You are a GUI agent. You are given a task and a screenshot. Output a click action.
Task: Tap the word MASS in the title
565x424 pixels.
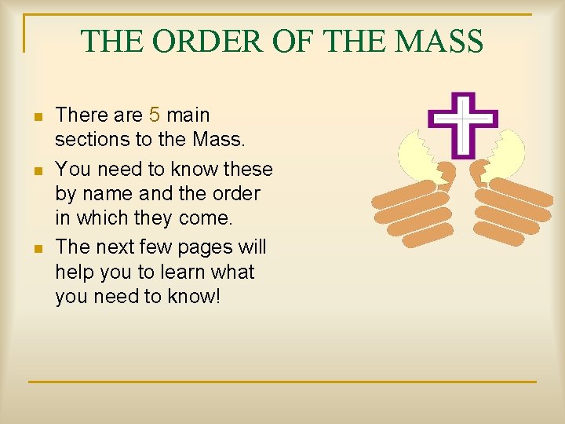click(441, 42)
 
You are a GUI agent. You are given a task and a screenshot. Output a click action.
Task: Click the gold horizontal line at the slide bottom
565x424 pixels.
click(282, 382)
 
